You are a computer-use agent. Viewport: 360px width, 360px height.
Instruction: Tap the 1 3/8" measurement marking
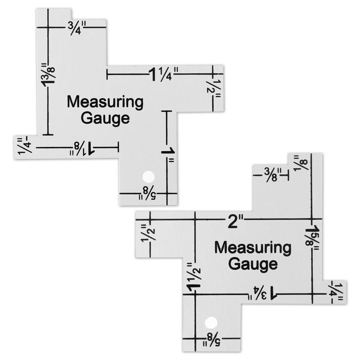[48, 78]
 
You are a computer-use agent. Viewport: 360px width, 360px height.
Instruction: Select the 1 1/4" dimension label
[164, 73]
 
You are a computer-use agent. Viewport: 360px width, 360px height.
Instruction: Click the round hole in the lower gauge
[210, 322]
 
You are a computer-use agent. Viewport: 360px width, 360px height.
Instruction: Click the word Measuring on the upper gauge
[105, 102]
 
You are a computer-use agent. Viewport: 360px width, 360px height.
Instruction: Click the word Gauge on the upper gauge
[105, 119]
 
